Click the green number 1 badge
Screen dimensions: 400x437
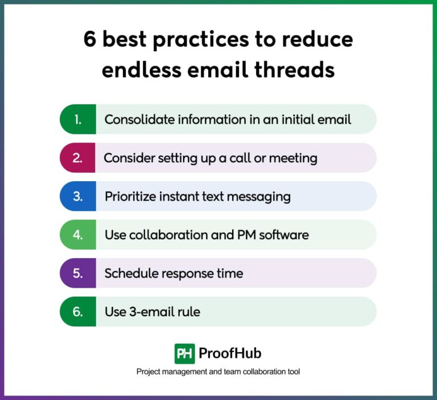coord(78,119)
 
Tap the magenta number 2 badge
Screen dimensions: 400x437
coord(78,158)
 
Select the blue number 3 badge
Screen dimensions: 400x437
coord(78,197)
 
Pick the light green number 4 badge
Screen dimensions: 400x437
coord(78,235)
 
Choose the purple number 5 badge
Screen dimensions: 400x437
coord(78,273)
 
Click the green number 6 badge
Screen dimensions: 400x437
coord(78,312)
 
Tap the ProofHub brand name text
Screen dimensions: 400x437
coord(230,353)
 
